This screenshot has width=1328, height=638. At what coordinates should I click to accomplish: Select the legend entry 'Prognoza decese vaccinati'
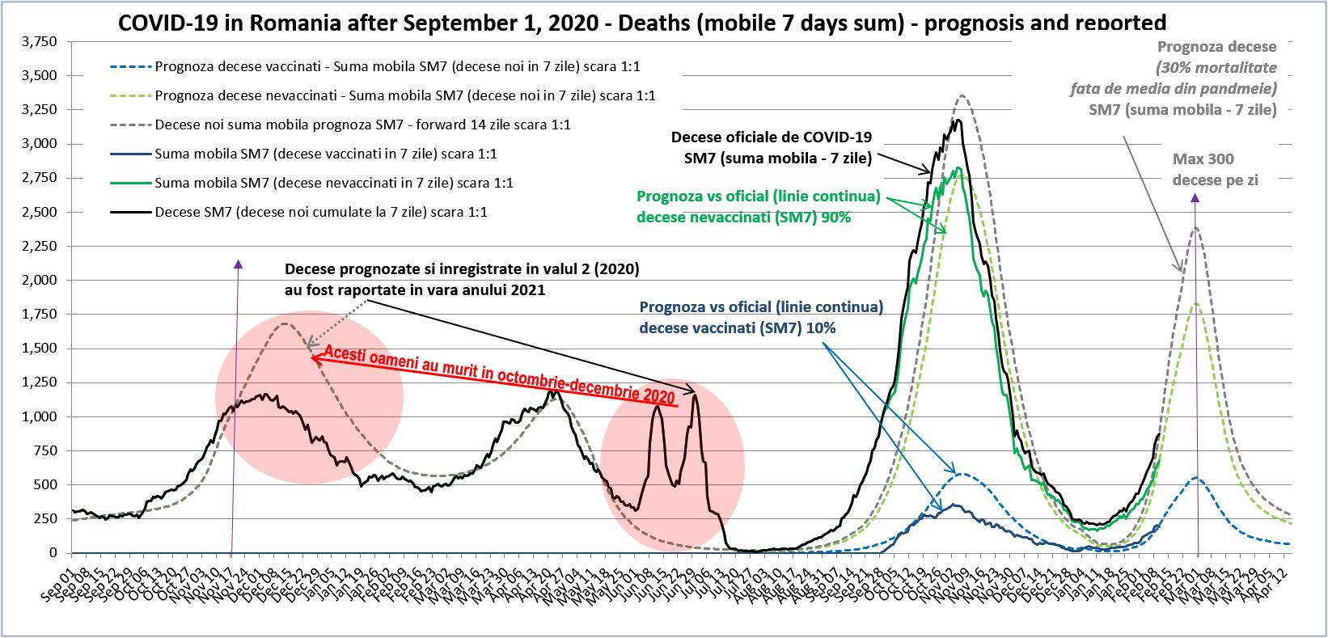pos(403,66)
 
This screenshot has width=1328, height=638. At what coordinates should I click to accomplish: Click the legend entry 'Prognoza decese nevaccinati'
pos(404,95)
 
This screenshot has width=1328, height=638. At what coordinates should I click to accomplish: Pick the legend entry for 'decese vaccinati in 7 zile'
pos(325,154)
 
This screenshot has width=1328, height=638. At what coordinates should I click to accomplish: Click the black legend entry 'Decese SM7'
pos(320,212)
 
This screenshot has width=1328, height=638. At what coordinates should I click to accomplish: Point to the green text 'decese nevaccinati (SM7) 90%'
pos(744,217)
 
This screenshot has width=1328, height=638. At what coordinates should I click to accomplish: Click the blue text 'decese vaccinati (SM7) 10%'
pos(737,328)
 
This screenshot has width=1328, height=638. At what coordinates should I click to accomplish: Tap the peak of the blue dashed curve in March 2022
pos(1197,478)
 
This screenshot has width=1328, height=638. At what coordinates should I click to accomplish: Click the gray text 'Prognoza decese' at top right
pos(1217,48)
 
